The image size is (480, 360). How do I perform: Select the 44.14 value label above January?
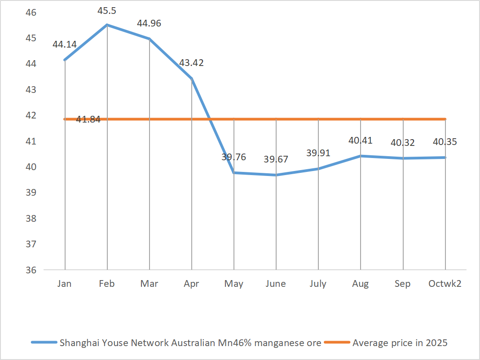coord(65,44)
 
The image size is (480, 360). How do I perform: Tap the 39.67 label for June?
coord(276,159)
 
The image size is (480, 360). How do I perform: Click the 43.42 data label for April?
coord(191,63)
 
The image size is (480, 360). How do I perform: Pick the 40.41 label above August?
coord(360,140)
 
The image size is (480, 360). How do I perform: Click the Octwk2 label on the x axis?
coord(445,284)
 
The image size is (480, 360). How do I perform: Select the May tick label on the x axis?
coord(233,284)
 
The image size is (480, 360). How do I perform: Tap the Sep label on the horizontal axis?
coord(402,284)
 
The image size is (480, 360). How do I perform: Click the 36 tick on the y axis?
coord(31,270)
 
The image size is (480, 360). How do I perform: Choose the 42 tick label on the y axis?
coord(31,115)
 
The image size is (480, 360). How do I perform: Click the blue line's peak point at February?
coord(107,25)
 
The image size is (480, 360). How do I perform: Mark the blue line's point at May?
coord(234,173)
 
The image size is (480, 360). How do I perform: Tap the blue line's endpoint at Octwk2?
coord(445,158)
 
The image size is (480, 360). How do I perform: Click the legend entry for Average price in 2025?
coord(400,343)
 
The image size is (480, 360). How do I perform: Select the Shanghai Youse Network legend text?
coord(190,343)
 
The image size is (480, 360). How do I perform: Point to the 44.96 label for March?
coord(149,23)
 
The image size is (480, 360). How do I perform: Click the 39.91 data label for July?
coord(318,153)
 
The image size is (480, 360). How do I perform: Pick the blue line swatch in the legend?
coord(44,343)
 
